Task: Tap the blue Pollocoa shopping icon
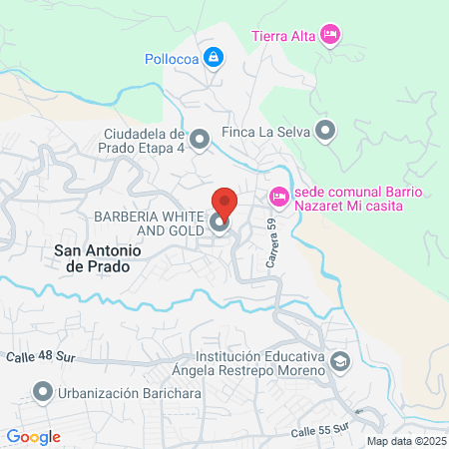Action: (212, 58)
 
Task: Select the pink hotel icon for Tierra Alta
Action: (331, 36)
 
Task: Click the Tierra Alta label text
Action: (283, 37)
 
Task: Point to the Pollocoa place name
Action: (167, 58)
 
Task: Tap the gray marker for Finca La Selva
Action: (326, 130)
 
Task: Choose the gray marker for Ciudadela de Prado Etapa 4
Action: (200, 140)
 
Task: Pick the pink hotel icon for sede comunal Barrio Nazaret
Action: (278, 198)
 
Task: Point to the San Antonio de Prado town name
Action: (98, 258)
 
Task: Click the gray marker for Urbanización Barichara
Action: (41, 394)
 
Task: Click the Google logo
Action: (34, 436)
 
